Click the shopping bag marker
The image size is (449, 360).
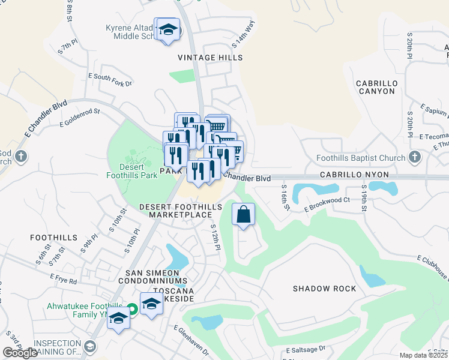[x=243, y=215]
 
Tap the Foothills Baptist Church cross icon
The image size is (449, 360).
[x=414, y=158]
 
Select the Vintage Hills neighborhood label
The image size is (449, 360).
[x=210, y=58]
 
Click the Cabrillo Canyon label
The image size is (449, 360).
[x=375, y=87]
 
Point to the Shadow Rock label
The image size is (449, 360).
[x=324, y=289]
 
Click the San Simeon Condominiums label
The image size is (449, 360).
[x=156, y=277]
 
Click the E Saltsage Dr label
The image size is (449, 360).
[x=306, y=349]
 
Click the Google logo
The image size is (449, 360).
[x=20, y=353]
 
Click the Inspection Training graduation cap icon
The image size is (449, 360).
[x=89, y=346]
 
